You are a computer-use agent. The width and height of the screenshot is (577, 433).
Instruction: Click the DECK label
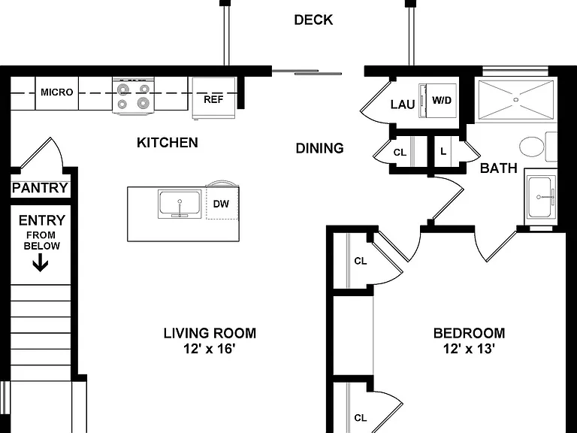313,20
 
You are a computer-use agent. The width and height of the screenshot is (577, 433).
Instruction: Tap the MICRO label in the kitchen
56,92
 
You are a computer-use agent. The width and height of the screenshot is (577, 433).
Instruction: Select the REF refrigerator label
213,99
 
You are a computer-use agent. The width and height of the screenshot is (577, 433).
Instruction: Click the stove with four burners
133,96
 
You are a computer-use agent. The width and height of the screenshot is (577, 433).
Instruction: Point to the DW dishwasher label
221,204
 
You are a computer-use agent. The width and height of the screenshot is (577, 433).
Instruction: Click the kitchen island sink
180,204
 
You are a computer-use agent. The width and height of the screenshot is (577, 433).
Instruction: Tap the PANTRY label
40,188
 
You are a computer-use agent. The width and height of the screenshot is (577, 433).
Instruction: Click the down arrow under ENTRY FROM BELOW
41,264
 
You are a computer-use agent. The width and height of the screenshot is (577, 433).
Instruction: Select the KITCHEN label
168,143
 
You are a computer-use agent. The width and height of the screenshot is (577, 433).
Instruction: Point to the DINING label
320,148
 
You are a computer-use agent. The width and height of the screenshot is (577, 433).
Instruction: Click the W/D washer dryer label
442,100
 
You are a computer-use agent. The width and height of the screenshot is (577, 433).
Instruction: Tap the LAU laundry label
403,104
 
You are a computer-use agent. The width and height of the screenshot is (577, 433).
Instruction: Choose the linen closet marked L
443,151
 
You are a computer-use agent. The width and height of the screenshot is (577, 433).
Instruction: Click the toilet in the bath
538,147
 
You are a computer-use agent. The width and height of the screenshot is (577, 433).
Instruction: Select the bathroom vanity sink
541,197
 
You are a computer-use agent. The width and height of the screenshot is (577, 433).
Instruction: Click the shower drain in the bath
515,99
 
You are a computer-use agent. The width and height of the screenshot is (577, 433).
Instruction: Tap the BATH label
499,168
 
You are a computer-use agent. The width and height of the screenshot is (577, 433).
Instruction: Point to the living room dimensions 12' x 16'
210,348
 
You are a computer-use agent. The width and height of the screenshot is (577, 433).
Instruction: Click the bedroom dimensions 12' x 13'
469,348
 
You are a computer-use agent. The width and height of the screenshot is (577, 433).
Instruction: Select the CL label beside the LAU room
400,152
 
